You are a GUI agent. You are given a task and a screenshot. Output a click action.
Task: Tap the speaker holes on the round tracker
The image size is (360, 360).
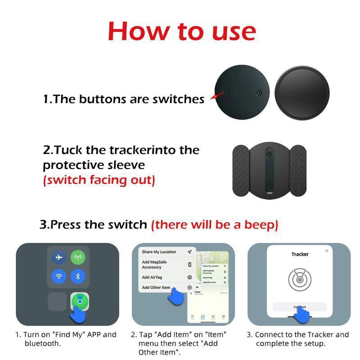259,93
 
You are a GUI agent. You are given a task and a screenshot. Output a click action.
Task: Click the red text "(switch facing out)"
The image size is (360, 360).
99,180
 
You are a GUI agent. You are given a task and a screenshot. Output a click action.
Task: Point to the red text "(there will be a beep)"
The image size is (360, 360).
215,224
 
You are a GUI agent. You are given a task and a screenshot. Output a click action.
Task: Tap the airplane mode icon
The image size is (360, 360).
58,257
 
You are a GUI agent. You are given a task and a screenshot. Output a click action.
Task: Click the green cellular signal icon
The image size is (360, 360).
78,257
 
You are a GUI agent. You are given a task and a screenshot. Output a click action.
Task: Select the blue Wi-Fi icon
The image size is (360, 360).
58,276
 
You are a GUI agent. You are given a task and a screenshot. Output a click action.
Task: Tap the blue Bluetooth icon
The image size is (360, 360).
78,276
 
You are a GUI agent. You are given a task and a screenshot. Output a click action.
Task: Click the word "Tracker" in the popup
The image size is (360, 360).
300,254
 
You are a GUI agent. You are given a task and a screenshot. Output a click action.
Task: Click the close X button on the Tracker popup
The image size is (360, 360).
327,251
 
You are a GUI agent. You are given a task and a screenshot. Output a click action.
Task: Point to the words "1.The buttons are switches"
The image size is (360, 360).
124,99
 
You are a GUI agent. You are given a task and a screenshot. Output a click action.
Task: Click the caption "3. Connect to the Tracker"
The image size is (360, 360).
297,334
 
